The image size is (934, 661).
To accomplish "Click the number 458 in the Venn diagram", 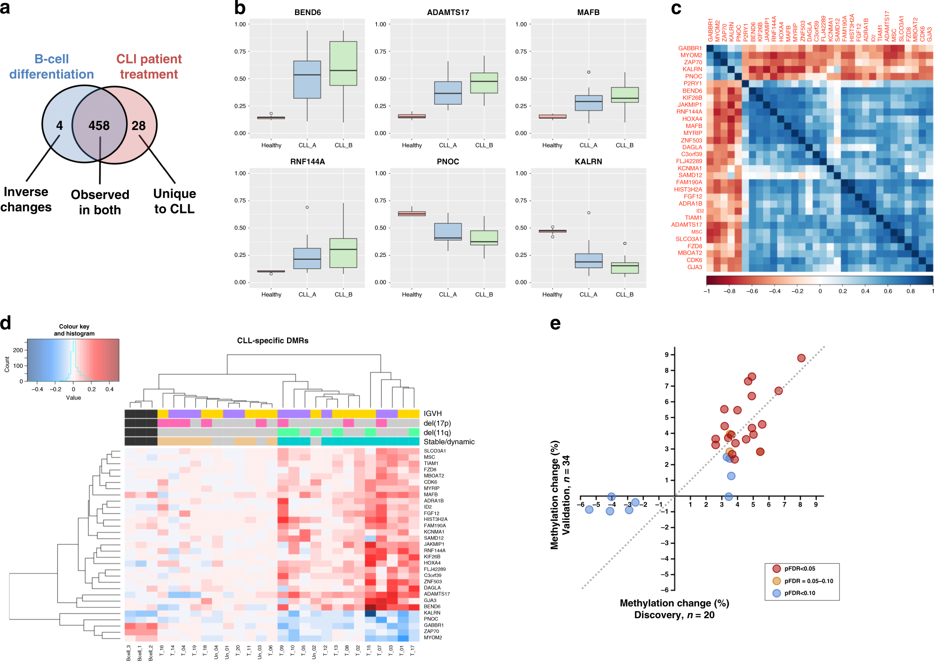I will pos(99,126).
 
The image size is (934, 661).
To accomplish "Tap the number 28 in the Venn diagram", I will pos(138,126).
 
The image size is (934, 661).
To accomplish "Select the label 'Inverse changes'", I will pos(26,199).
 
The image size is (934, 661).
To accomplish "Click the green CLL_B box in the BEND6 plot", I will pos(343,64).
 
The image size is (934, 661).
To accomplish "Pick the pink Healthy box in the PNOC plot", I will pos(412,214).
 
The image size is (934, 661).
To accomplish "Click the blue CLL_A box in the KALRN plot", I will pos(588,261).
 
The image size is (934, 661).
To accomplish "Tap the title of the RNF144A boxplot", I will pos(307,161).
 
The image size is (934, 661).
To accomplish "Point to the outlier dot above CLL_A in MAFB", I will pos(589,72).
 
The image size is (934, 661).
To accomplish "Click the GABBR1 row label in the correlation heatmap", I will pos(690,48).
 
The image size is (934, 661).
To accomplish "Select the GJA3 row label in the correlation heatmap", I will pos(695,267).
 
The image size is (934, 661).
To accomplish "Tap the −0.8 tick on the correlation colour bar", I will pos(729,291).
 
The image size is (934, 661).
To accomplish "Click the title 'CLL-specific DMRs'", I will pos(272,340).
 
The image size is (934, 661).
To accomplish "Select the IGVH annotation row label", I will pos(432,414).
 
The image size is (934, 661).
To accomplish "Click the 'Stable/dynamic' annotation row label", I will pos(449,442).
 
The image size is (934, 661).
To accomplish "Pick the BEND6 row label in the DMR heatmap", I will pos(432,606).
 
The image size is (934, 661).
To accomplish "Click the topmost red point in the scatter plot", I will pos(801,358).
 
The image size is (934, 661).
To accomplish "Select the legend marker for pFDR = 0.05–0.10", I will pos(776,581).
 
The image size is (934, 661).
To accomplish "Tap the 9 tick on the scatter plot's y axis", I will pos(666,355).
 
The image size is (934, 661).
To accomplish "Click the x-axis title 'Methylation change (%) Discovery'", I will pos(674,609).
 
